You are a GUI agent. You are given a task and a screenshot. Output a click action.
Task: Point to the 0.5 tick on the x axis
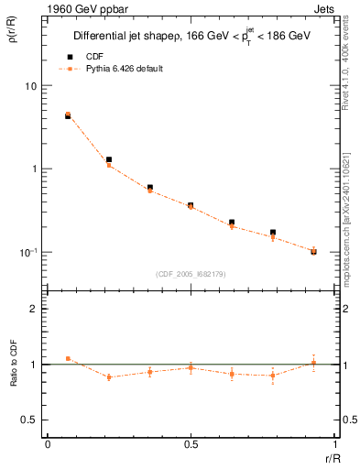pos(191,444)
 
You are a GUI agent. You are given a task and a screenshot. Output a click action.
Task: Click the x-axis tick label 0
pos(48,444)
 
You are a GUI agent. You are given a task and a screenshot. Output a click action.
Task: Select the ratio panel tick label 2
pos(34,309)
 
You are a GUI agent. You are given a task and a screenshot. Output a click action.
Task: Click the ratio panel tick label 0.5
pos(29,420)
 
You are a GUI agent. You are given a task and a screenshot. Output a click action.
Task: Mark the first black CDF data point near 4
pos(68,116)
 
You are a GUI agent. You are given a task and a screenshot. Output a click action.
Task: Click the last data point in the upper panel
pos(313,251)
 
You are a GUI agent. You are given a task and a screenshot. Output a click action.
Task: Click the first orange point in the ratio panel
pos(68,358)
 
